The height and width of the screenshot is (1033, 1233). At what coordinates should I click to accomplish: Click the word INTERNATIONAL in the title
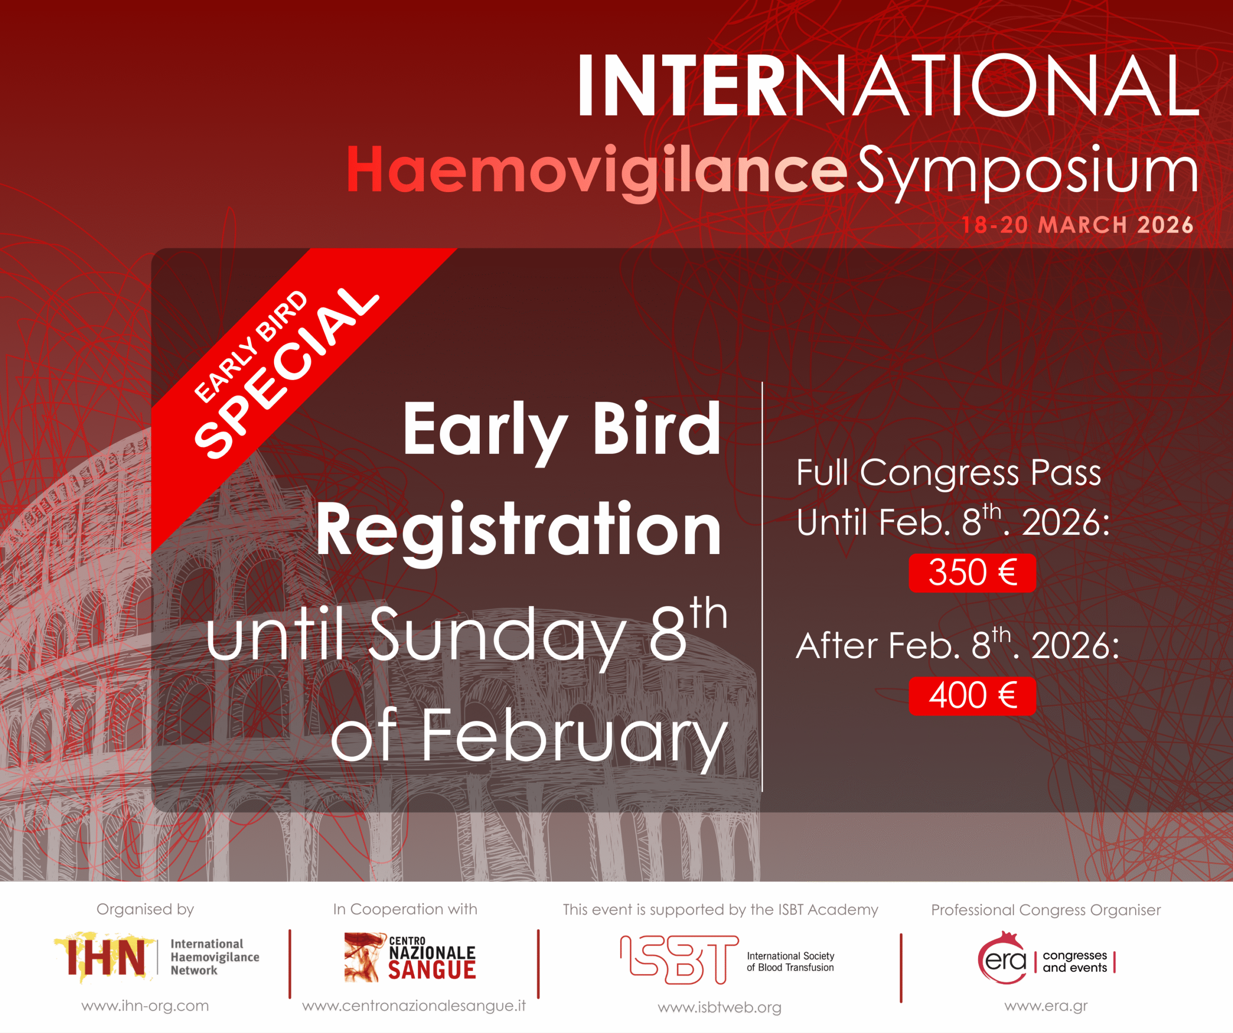(888, 86)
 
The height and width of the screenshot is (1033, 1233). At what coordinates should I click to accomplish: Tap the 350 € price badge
(972, 572)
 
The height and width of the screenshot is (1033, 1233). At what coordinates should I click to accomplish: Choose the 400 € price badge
(972, 696)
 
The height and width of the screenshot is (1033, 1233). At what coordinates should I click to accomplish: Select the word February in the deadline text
(575, 737)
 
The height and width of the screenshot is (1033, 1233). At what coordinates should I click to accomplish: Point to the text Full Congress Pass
(948, 473)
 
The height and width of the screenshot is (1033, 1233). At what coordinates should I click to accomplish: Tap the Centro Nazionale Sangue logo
(410, 957)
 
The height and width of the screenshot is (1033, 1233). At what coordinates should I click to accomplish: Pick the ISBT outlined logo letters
(679, 960)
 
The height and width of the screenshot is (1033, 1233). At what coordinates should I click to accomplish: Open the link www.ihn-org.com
(145, 1006)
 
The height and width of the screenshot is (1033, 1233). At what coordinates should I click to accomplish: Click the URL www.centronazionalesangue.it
(414, 1006)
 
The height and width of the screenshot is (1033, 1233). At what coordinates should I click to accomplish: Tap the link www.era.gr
(1046, 1006)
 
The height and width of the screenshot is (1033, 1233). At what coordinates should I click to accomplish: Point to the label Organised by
(145, 910)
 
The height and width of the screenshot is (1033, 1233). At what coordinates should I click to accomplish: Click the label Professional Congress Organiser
(1046, 910)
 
